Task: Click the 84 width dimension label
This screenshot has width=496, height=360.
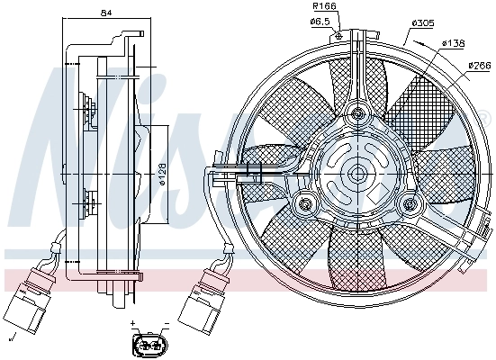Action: pos(107,13)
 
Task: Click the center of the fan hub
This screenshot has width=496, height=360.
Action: pos(358,173)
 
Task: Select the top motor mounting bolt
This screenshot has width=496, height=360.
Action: pos(359,113)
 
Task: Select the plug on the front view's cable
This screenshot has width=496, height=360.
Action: pos(196,304)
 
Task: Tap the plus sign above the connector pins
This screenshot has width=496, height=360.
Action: pos(133,322)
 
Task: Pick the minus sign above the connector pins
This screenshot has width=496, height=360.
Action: pos(166,322)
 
